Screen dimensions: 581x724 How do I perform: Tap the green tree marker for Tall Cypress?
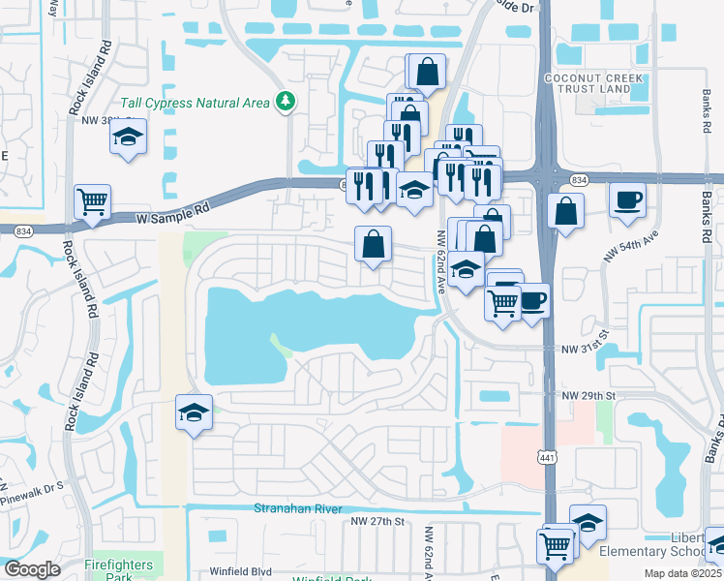[286, 101]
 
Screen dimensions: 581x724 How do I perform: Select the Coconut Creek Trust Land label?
[588, 83]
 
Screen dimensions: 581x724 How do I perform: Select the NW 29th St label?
[589, 396]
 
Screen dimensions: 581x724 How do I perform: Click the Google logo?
[32, 569]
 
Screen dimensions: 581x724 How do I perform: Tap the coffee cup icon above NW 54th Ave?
[627, 199]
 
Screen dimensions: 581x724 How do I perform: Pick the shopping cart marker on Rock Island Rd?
[93, 202]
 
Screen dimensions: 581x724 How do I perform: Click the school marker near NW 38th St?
[128, 138]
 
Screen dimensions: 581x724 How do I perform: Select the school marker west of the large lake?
[194, 413]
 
